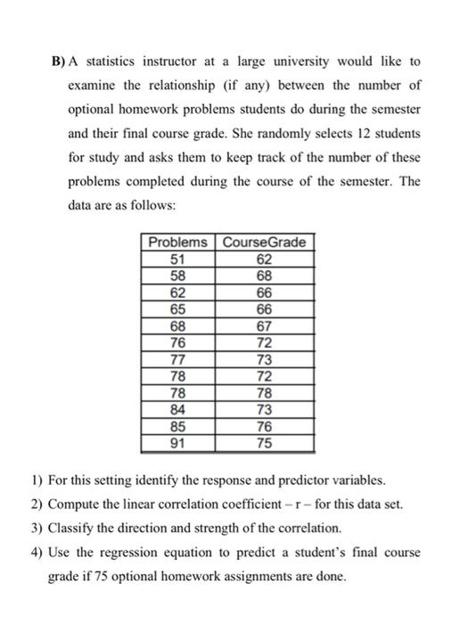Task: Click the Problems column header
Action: tap(177, 242)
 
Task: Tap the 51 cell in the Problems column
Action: tap(177, 259)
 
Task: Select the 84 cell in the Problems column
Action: tap(177, 409)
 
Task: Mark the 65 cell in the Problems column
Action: tap(177, 309)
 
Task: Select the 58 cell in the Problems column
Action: tap(177, 276)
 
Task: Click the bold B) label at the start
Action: tap(57, 62)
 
